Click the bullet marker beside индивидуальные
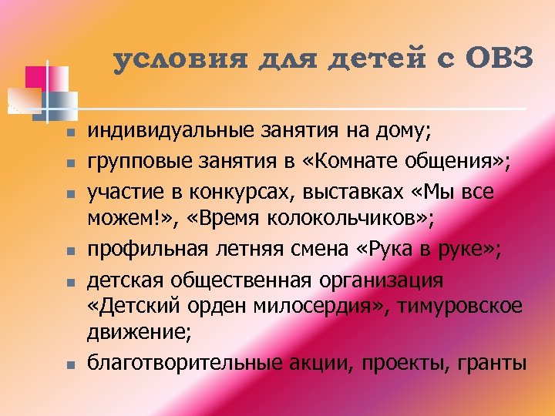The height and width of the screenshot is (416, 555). (x=69, y=133)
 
